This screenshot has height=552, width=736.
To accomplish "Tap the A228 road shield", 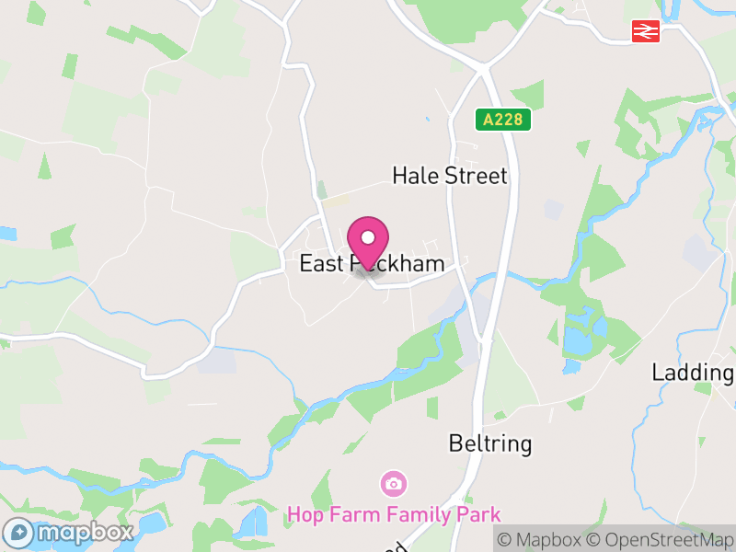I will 503,120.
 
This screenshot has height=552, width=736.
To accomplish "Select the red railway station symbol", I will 646,32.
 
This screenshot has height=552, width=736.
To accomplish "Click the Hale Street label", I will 449,176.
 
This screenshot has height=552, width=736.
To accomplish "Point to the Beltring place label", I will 490,443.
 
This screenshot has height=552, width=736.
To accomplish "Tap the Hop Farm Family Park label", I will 394,513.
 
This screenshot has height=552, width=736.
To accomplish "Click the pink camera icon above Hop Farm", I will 394,483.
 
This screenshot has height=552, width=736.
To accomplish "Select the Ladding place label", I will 692,373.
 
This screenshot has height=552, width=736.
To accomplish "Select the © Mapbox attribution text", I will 541,539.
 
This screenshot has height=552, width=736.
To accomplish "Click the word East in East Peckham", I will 321,264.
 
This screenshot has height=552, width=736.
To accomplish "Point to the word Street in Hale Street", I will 476,176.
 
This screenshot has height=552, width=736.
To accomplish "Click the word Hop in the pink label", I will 304,513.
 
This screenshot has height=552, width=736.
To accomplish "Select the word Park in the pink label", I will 481,513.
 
